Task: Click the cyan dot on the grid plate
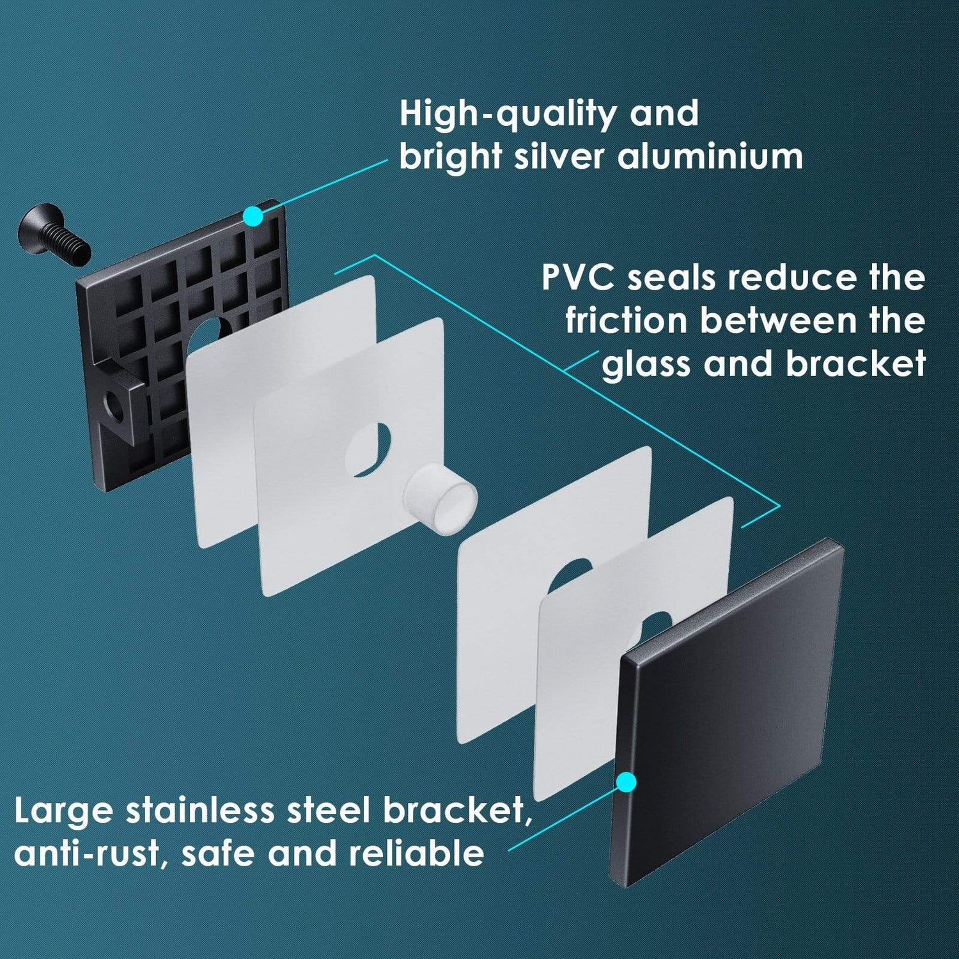(253, 216)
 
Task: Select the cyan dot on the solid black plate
(626, 782)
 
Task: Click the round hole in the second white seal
(368, 449)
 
